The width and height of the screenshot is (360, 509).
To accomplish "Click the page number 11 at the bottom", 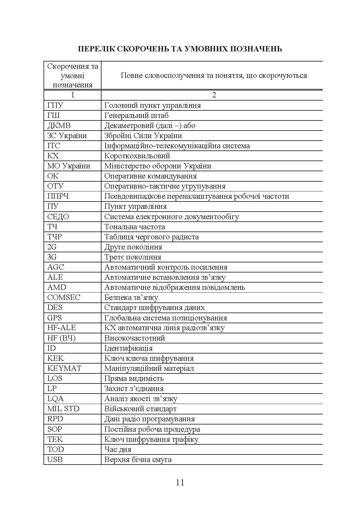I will pyautogui.click(x=180, y=483).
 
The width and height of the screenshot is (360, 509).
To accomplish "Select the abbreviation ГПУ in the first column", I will pyautogui.click(x=55, y=105).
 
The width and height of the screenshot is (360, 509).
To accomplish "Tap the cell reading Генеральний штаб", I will pyautogui.click(x=136, y=115).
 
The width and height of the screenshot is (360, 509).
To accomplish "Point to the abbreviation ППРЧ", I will pyautogui.click(x=58, y=196).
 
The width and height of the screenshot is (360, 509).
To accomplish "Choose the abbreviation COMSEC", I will pyautogui.click(x=64, y=297).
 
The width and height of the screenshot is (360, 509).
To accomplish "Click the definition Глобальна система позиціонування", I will pyautogui.click(x=165, y=318).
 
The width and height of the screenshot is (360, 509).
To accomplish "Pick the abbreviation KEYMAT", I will pyautogui.click(x=64, y=368).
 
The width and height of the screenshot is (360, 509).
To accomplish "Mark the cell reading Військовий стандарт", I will pyautogui.click(x=140, y=409).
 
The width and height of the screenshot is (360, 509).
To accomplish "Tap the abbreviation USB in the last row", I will pyautogui.click(x=55, y=459).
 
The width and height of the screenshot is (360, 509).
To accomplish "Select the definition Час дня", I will pyautogui.click(x=118, y=449).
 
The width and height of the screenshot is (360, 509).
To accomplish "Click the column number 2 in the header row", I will pyautogui.click(x=214, y=95).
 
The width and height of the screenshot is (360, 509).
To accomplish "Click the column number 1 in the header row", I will pyautogui.click(x=73, y=95).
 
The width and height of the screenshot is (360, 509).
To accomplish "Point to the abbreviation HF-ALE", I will pyautogui.click(x=61, y=328).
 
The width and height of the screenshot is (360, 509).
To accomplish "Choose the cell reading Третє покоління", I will pyautogui.click(x=133, y=257).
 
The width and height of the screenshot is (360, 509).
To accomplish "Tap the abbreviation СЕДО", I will pyautogui.click(x=58, y=217).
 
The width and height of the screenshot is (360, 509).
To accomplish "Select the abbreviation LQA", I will pyautogui.click(x=55, y=399).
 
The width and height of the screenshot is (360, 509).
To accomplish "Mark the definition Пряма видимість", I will pyautogui.click(x=134, y=378).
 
